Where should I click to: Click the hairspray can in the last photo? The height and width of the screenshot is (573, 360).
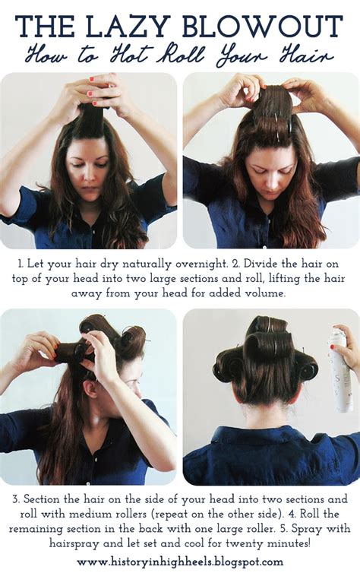click(341, 370)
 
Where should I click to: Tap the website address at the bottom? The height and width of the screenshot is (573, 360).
click(180, 562)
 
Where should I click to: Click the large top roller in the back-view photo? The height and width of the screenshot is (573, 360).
click(268, 343)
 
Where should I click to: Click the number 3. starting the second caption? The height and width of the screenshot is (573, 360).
click(17, 499)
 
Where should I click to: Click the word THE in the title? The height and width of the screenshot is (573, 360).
click(46, 27)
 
